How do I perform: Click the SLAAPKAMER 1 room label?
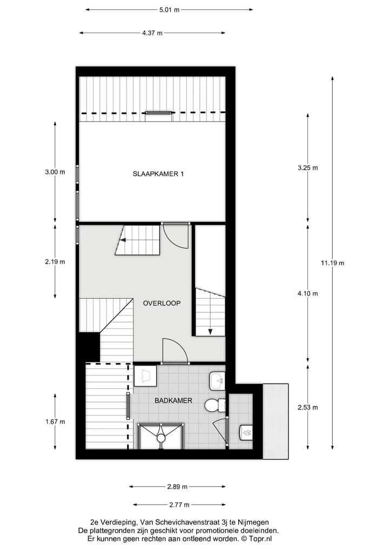(x=159, y=174)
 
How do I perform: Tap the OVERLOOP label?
(x=162, y=303)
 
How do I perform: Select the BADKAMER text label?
(x=171, y=401)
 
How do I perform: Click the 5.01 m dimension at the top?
(x=169, y=10)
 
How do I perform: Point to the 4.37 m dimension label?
(x=152, y=33)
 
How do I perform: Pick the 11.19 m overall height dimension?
(x=332, y=263)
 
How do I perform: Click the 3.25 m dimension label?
(x=307, y=168)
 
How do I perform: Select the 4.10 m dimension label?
(x=307, y=294)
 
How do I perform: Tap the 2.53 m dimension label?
(x=307, y=407)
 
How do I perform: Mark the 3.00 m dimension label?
(x=55, y=172)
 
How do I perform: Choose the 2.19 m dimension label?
(x=55, y=262)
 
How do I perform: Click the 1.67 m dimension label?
(x=55, y=421)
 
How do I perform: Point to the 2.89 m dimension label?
(x=177, y=487)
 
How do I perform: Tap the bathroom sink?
(x=217, y=381)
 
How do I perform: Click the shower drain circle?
(x=160, y=439)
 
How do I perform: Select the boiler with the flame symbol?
(x=246, y=432)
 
